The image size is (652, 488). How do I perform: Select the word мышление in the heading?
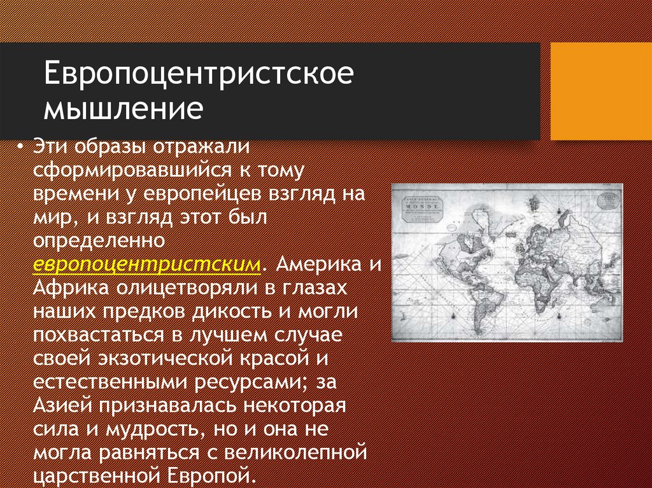coord(123,109)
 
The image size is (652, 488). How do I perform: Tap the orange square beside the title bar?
coord(600,91)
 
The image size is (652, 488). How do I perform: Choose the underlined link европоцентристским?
coord(147,264)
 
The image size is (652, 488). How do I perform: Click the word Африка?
coord(72,288)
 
